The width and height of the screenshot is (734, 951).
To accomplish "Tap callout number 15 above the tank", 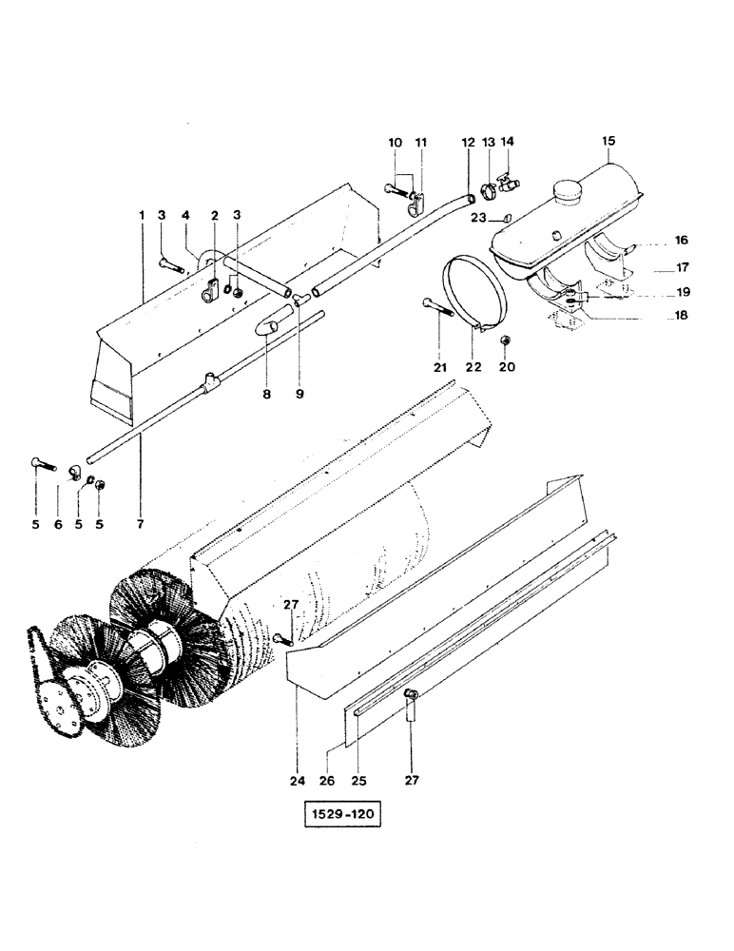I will point(608,141).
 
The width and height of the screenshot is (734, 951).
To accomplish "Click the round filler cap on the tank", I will point(570,191).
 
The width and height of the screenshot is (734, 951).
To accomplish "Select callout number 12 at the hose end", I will point(468,142).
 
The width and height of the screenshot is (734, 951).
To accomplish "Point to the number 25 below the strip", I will point(357,782).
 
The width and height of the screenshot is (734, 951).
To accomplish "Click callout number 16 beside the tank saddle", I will point(682,241).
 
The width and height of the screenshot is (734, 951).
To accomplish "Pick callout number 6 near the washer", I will point(57,524).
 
